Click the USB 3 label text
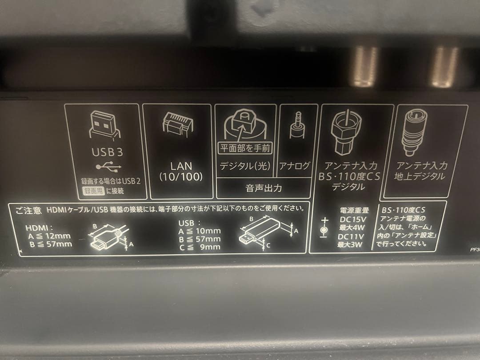tap(107, 152)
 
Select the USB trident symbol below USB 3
tap(107, 168)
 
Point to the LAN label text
tap(181, 166)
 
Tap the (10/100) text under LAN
tap(181, 177)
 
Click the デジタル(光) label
tap(245, 166)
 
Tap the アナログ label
tap(294, 166)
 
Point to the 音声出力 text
tap(264, 188)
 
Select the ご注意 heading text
tap(28, 209)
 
